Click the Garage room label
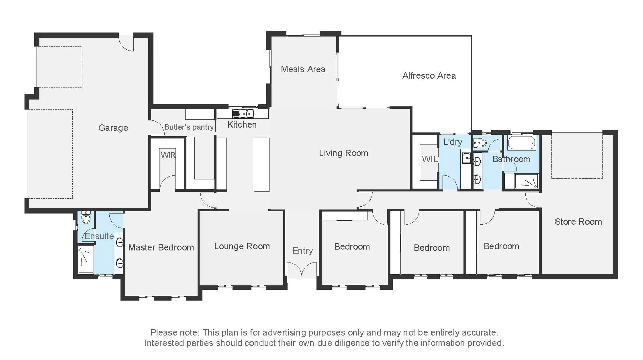[x=113, y=128]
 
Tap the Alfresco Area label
[x=429, y=75]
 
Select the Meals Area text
[x=303, y=69]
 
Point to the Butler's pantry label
[x=189, y=127]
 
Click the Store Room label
[x=578, y=222]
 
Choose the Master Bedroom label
[x=161, y=247]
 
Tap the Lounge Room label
[x=242, y=246]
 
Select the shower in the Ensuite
[x=86, y=260]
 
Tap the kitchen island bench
[x=261, y=165]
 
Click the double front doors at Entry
[x=302, y=270]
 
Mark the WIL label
[x=429, y=159]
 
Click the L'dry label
[x=453, y=142]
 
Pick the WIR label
[x=168, y=155]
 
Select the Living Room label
[x=343, y=153]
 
